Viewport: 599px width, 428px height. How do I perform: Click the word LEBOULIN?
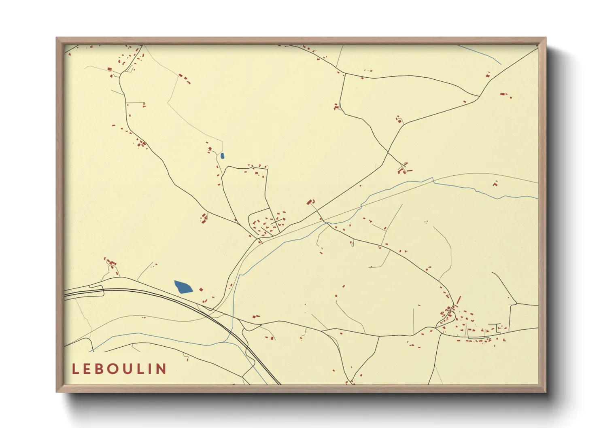point(119,369)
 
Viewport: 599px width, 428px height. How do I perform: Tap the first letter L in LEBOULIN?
point(75,369)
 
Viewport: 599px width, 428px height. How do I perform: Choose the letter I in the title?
point(150,369)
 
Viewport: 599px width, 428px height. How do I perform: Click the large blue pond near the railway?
point(183,287)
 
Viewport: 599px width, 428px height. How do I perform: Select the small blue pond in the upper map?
point(222,156)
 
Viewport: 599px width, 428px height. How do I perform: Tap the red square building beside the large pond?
point(201,290)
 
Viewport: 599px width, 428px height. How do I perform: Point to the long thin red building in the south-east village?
point(459,301)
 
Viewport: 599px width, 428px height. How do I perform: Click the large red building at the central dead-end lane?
point(310,201)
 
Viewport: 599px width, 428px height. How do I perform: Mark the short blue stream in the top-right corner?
point(482,55)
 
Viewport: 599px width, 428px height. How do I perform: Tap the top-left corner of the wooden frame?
point(57,38)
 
